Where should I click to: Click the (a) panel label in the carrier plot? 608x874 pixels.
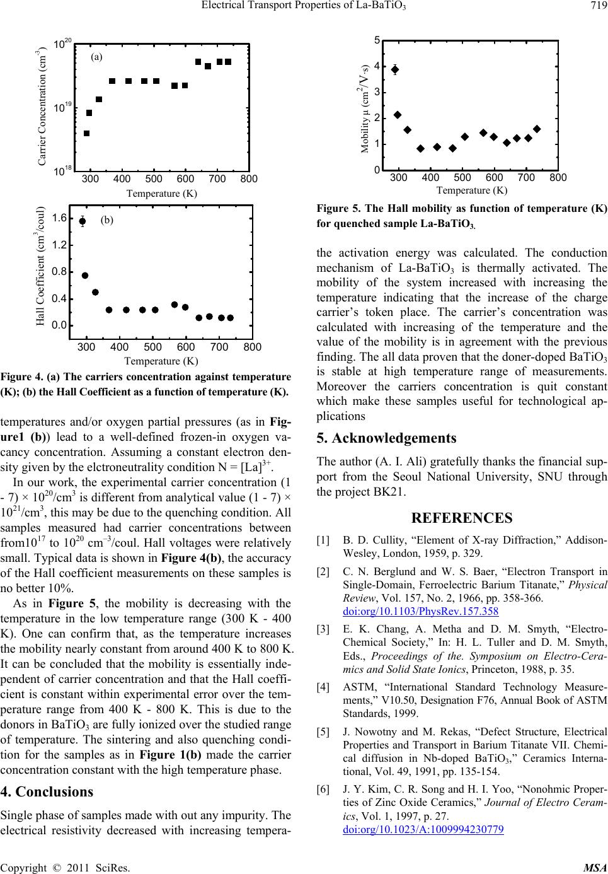pos(97,56)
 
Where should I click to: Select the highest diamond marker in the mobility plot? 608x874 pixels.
pos(395,69)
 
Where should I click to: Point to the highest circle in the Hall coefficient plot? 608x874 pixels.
pos(83,221)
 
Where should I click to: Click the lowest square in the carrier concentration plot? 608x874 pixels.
pos(87,134)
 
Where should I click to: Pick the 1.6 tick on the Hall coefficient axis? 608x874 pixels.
pos(59,218)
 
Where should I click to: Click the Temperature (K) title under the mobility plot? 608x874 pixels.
pos(471,189)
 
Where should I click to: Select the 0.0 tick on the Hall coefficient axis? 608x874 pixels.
pos(59,325)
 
